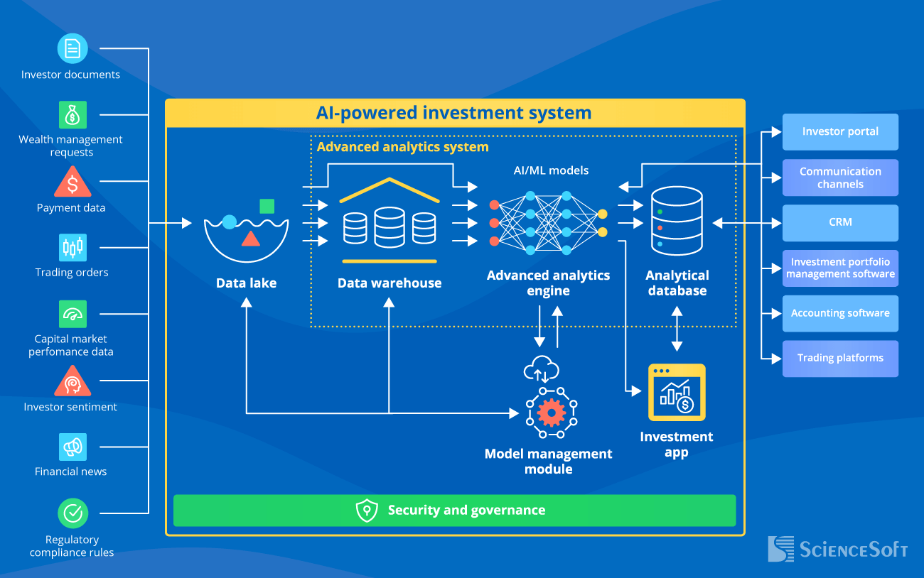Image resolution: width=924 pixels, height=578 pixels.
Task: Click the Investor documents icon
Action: click(72, 48)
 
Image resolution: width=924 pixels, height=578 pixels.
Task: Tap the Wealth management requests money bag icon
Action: click(72, 114)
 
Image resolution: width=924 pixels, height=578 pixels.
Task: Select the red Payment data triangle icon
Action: click(72, 182)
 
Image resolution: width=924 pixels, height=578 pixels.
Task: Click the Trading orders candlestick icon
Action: click(72, 247)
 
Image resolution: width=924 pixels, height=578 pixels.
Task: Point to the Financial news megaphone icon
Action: click(72, 447)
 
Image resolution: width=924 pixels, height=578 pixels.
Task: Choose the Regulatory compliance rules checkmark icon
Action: click(72, 513)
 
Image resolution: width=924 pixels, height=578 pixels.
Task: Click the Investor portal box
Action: click(840, 131)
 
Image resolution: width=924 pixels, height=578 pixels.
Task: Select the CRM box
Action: click(840, 222)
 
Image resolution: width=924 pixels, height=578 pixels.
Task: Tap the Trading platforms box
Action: click(840, 358)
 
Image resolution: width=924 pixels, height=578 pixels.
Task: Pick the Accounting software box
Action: click(840, 313)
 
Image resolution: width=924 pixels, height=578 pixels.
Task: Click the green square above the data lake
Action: click(267, 206)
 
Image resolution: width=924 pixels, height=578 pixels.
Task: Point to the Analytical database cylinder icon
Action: click(677, 221)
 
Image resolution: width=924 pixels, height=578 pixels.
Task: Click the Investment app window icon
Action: click(677, 393)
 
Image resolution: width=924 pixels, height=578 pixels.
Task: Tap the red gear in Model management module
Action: click(552, 412)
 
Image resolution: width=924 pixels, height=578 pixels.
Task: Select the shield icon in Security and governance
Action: click(367, 511)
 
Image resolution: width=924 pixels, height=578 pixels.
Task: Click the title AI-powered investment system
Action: click(454, 113)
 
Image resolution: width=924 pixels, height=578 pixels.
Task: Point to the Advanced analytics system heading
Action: click(403, 147)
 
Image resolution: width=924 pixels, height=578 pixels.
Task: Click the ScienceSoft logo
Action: click(837, 549)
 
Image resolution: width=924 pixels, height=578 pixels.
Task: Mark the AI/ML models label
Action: click(551, 170)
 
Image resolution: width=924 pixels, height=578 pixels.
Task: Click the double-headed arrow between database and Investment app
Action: click(677, 329)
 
